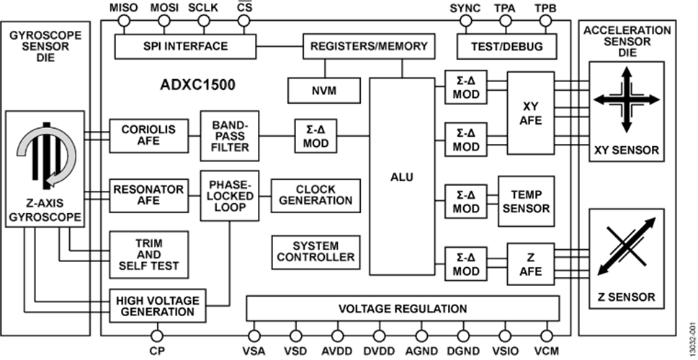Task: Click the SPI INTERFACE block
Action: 185,46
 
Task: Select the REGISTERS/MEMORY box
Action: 369,46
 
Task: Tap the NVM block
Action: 324,90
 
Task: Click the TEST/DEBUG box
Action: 506,46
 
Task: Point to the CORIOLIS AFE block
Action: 149,135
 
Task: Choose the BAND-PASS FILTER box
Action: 230,136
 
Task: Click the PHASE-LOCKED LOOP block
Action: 230,196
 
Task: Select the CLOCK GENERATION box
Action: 316,195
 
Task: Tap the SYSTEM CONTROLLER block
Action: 316,252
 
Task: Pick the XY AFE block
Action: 531,113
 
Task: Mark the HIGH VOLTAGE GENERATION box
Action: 158,306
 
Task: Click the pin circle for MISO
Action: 123,20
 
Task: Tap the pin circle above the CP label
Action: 157,336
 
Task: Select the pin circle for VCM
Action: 547,336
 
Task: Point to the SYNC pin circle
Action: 465,20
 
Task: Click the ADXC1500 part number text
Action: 197,85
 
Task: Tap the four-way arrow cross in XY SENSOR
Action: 627,99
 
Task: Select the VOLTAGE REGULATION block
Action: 403,308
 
